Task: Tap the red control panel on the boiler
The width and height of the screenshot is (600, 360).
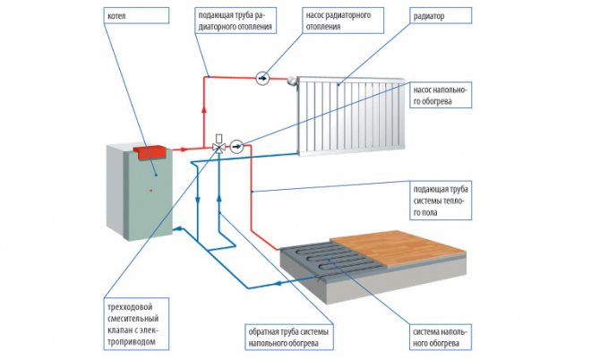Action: [150, 149]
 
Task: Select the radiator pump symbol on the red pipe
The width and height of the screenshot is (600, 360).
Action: [261, 77]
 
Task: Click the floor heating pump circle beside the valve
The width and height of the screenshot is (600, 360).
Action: [236, 146]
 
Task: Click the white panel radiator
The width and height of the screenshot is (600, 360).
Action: [354, 110]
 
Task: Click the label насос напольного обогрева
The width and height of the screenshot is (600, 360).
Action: [442, 95]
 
